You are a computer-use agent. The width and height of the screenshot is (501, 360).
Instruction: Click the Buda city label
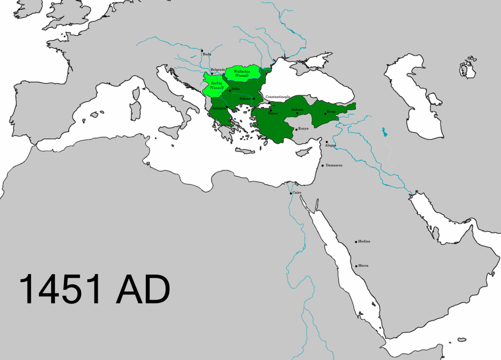207,54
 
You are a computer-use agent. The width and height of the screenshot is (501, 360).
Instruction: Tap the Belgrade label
218,70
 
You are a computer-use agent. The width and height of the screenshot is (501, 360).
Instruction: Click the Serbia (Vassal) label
216,85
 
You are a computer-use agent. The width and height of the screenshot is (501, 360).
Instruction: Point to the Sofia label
235,89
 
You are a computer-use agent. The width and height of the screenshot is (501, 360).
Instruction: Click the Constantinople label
278,97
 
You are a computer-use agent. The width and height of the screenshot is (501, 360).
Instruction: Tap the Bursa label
273,113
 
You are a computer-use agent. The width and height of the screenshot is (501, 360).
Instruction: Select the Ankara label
297,110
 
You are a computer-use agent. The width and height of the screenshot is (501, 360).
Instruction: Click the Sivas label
331,112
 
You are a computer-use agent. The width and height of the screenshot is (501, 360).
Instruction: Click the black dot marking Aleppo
327,142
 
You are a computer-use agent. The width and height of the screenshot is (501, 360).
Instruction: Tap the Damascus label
334,165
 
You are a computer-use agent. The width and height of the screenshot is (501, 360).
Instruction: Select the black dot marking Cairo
290,194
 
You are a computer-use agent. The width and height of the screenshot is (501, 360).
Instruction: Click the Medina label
364,241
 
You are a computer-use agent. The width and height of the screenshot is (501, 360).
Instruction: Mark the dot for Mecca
356,266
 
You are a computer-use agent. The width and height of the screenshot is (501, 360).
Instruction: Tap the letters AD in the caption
143,289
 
